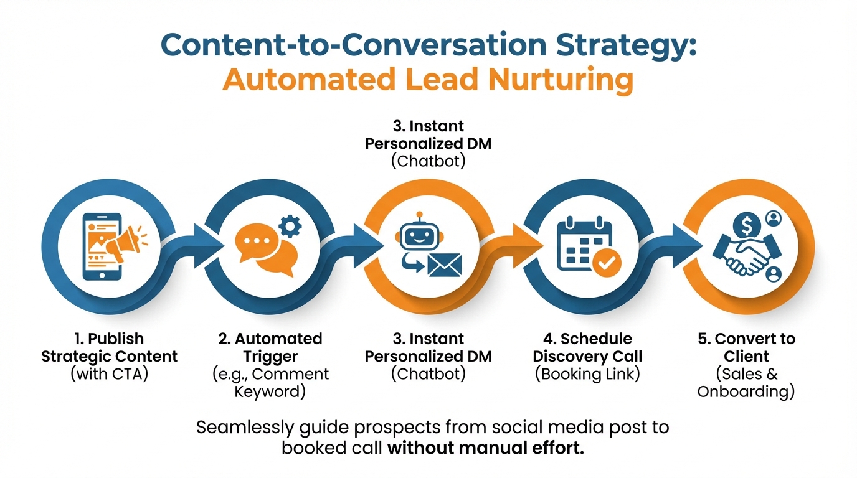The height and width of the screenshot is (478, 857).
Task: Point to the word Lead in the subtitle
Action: coord(445,81)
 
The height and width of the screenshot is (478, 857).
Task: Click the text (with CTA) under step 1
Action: coord(109,375)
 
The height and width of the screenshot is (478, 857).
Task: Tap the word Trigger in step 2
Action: coord(271,357)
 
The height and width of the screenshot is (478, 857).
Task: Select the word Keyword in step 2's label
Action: coord(271,392)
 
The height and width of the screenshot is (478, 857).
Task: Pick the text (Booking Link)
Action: coord(587,375)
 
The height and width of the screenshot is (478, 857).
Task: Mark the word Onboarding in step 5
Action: coord(746,392)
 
